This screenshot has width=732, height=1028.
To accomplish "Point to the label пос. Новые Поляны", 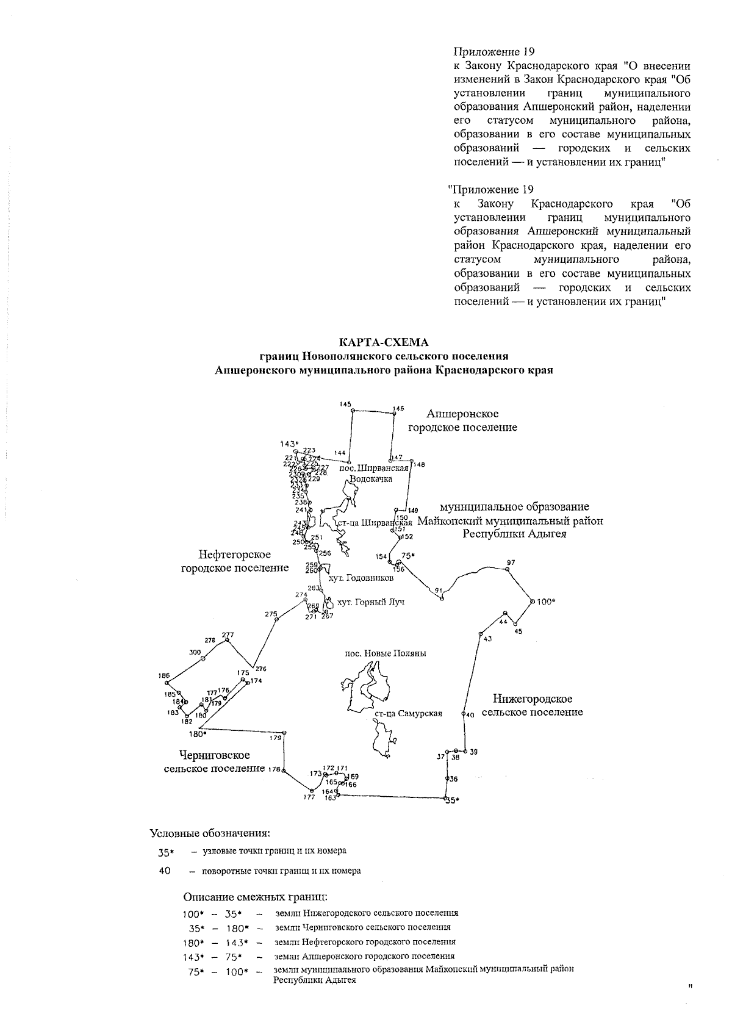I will click(386, 653).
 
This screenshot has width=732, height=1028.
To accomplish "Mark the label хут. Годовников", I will click(361, 578).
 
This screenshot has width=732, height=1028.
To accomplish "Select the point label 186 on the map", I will click(163, 675).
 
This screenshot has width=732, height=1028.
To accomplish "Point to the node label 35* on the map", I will click(451, 801).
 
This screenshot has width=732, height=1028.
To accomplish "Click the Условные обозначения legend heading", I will click(210, 833).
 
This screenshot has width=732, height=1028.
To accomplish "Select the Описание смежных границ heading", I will click(256, 897).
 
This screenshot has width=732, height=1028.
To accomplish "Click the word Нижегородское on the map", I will click(533, 699).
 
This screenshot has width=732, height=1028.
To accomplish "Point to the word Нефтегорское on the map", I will click(234, 555).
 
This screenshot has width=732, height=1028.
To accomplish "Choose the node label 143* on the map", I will click(290, 444).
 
